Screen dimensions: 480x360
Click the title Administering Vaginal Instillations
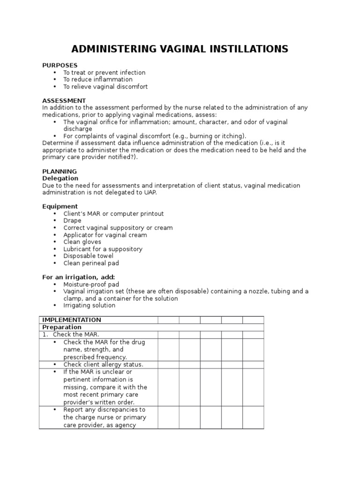point(180,49)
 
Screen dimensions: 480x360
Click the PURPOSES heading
point(60,65)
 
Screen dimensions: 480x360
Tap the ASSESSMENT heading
point(64,101)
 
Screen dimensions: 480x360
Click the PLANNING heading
point(60,172)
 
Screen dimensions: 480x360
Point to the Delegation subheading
point(60,179)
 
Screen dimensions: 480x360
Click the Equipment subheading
point(60,206)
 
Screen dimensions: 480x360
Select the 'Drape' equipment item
point(72,220)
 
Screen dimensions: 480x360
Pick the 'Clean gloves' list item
point(82,242)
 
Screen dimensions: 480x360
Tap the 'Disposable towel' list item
point(88,256)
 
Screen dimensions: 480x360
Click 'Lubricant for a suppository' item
point(103,249)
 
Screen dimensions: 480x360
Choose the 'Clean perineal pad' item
point(91,263)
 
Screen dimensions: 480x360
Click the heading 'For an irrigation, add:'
point(78,277)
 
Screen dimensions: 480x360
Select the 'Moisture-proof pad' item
point(91,284)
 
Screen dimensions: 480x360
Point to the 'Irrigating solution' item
point(89,305)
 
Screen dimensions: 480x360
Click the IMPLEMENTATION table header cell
point(72,320)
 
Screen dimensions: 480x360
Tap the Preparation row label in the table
point(62,327)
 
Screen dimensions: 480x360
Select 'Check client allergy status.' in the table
point(103,364)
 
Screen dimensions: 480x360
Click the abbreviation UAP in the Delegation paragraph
point(150,193)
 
